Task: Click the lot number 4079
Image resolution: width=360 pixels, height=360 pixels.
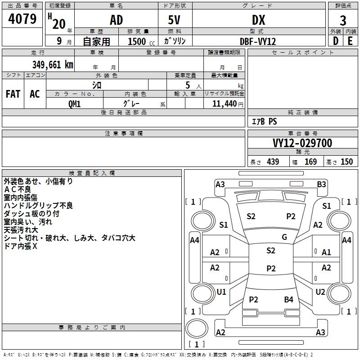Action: pyautogui.click(x=22, y=19)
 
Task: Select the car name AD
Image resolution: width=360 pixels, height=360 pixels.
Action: pyautogui.click(x=116, y=20)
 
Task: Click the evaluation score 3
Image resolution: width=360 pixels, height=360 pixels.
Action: pyautogui.click(x=343, y=21)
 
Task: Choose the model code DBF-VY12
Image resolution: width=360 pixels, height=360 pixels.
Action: pyautogui.click(x=258, y=41)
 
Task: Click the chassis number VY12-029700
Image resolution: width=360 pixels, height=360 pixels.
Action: pyautogui.click(x=302, y=144)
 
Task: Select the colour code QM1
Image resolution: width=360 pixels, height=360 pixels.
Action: pyautogui.click(x=75, y=103)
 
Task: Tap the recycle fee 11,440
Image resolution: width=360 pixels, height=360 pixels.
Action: pyautogui.click(x=224, y=103)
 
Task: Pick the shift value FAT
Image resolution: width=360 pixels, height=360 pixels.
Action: pyautogui.click(x=13, y=94)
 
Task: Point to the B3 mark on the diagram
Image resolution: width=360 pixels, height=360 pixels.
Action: pyautogui.click(x=321, y=184)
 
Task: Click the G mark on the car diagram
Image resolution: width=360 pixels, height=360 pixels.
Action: pyautogui.click(x=284, y=237)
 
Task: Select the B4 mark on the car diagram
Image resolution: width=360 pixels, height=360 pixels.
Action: pyautogui.click(x=288, y=300)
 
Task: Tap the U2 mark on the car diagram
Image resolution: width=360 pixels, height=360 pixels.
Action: pyautogui.click(x=320, y=292)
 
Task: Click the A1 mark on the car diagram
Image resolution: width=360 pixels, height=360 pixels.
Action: pyautogui.click(x=326, y=252)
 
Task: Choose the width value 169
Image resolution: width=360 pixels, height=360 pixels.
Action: pyautogui.click(x=310, y=162)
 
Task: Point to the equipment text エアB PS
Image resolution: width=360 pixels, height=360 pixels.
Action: pyautogui.click(x=264, y=121)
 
